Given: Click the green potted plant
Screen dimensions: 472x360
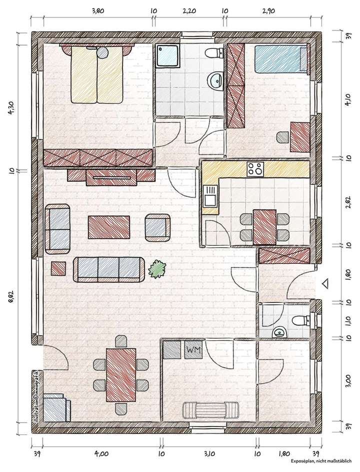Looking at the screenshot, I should (x=158, y=270).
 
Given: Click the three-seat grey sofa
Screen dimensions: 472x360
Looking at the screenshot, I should (x=109, y=269).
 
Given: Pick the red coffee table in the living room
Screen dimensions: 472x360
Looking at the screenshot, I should (x=109, y=227).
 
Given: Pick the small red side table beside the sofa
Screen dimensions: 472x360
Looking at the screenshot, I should (x=58, y=268).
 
